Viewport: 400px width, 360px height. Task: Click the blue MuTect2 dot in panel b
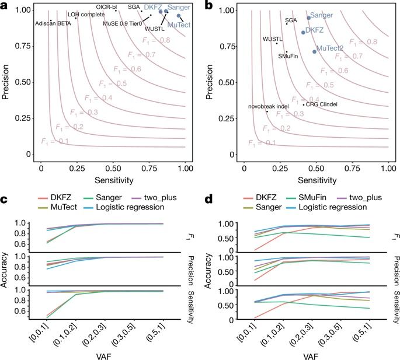pos(315,52)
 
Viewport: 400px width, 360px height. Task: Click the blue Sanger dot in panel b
pos(309,18)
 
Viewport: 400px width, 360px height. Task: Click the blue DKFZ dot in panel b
pos(303,32)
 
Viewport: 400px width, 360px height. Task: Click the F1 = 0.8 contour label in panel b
pos(363,41)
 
